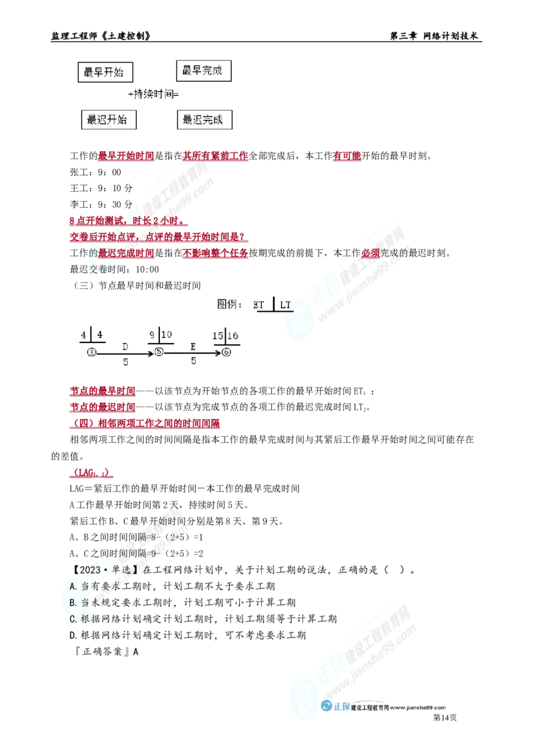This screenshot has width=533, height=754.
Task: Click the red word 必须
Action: (x=370, y=254)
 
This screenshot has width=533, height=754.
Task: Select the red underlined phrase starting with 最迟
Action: (x=127, y=253)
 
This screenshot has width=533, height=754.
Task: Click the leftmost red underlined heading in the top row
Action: (x=125, y=157)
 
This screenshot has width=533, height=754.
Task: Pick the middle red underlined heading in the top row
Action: (x=216, y=157)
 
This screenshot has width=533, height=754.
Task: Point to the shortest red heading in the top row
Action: (x=346, y=157)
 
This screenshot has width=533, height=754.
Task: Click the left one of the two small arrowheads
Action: (x=149, y=354)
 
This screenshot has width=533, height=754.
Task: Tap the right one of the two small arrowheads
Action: (x=218, y=352)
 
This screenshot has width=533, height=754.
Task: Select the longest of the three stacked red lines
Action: (x=146, y=424)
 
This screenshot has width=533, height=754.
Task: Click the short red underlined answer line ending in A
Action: (x=92, y=473)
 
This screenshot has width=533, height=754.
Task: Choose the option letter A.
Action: (x=73, y=586)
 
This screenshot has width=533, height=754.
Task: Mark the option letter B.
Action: (x=73, y=602)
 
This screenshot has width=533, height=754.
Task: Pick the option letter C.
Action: (x=73, y=617)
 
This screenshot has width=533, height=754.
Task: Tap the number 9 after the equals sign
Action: (x=155, y=554)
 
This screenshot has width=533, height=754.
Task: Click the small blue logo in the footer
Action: (x=334, y=707)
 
